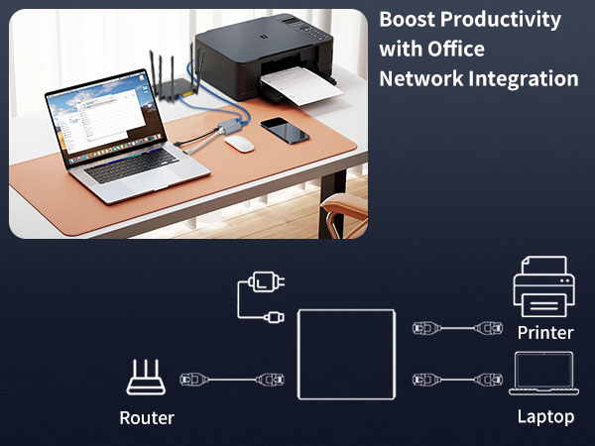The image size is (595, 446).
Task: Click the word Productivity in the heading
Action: [501, 20]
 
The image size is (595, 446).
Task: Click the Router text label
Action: [147, 417]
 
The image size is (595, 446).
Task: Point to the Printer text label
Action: [544, 332]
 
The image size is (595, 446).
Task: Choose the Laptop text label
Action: [545, 416]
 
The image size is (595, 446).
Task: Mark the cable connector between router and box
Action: [226, 379]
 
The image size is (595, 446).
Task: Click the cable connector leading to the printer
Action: [457, 327]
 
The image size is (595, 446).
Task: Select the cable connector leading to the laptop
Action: [457, 378]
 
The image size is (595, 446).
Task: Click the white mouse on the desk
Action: [238, 143]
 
